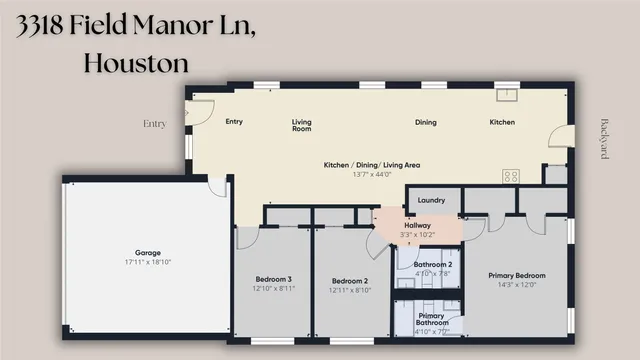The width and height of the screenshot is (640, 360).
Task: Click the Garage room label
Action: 147,253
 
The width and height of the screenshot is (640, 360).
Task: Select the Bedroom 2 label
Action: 350,281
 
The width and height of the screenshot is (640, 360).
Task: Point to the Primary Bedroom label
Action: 516,275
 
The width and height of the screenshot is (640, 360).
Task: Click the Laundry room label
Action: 431,200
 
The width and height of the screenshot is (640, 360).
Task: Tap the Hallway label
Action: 417,226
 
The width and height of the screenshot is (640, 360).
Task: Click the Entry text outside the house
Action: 155,124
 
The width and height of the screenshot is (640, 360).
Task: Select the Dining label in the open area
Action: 426,122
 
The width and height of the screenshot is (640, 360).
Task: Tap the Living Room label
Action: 302,125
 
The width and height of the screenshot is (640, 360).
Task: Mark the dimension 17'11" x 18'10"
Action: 147,262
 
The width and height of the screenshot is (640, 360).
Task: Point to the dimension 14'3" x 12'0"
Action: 516,284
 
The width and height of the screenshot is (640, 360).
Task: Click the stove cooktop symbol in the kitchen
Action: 511,176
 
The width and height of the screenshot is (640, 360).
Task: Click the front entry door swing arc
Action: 200,110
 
